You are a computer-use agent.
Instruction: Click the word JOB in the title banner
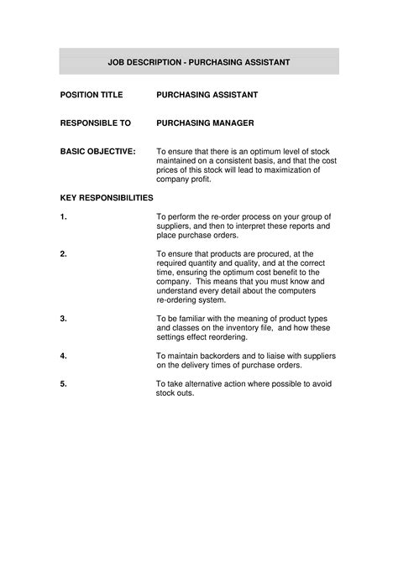pyautogui.click(x=118, y=62)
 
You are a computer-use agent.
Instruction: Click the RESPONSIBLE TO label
pyautogui.click(x=96, y=123)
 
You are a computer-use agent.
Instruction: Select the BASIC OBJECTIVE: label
pyautogui.click(x=97, y=152)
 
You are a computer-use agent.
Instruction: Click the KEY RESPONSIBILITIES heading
pyautogui.click(x=107, y=198)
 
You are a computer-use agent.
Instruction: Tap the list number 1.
pyautogui.click(x=64, y=216)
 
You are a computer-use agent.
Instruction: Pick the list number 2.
pyautogui.click(x=64, y=253)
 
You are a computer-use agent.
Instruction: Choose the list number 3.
pyautogui.click(x=64, y=319)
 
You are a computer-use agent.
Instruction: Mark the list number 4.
pyautogui.click(x=64, y=356)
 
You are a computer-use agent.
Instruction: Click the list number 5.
pyautogui.click(x=64, y=383)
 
